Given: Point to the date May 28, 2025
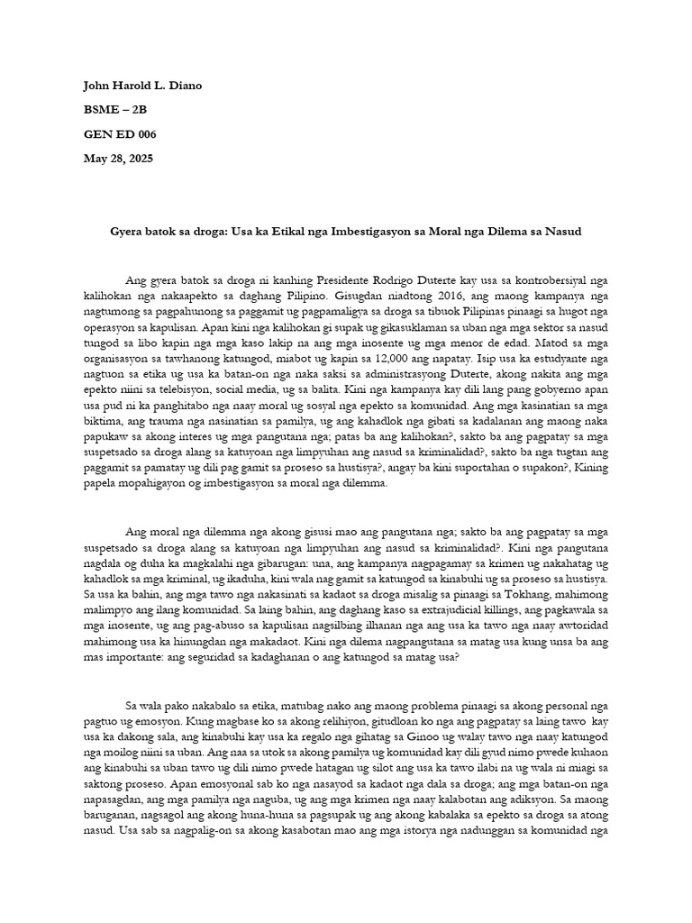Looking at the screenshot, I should click(x=118, y=159).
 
